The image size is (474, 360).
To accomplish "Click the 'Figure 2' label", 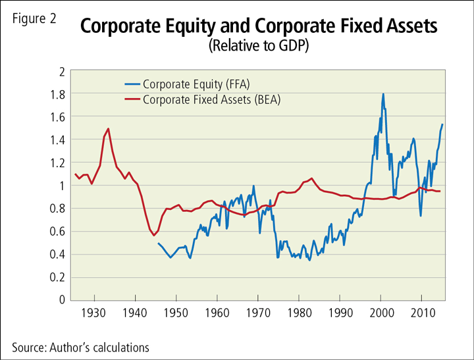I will pyautogui.click(x=34, y=18).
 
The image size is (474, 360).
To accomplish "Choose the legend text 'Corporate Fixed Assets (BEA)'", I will pyautogui.click(x=207, y=99).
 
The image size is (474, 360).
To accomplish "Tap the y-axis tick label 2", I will pyautogui.click(x=61, y=71).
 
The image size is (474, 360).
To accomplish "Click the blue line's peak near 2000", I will pyautogui.click(x=382, y=94).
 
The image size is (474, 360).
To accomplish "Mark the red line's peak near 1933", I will pyautogui.click(x=108, y=129).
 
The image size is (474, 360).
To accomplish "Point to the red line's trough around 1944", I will pyautogui.click(x=153, y=235).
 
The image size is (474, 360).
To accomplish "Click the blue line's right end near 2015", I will pyautogui.click(x=442, y=124).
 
